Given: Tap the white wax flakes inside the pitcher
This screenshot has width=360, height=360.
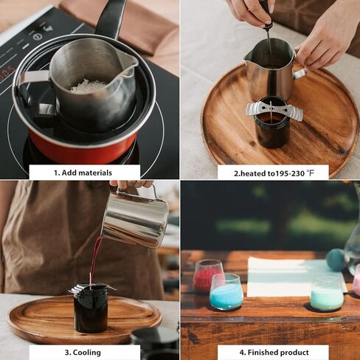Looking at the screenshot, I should click(89, 86).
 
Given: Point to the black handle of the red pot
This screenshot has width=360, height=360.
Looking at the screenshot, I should click(111, 18).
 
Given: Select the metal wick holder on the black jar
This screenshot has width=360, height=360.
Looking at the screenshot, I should click(274, 111).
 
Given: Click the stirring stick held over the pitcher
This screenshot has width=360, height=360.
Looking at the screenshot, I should click(269, 37).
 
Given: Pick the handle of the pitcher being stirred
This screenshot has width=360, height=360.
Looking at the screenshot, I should click(298, 73).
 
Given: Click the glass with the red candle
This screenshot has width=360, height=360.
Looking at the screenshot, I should click(207, 275).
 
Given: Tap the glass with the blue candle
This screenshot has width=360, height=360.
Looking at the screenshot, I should click(226, 292).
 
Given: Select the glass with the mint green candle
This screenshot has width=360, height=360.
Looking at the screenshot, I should click(326, 294).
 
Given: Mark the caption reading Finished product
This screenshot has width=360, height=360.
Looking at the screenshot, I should click(273, 353).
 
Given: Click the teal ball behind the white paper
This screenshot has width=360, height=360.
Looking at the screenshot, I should click(336, 259).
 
